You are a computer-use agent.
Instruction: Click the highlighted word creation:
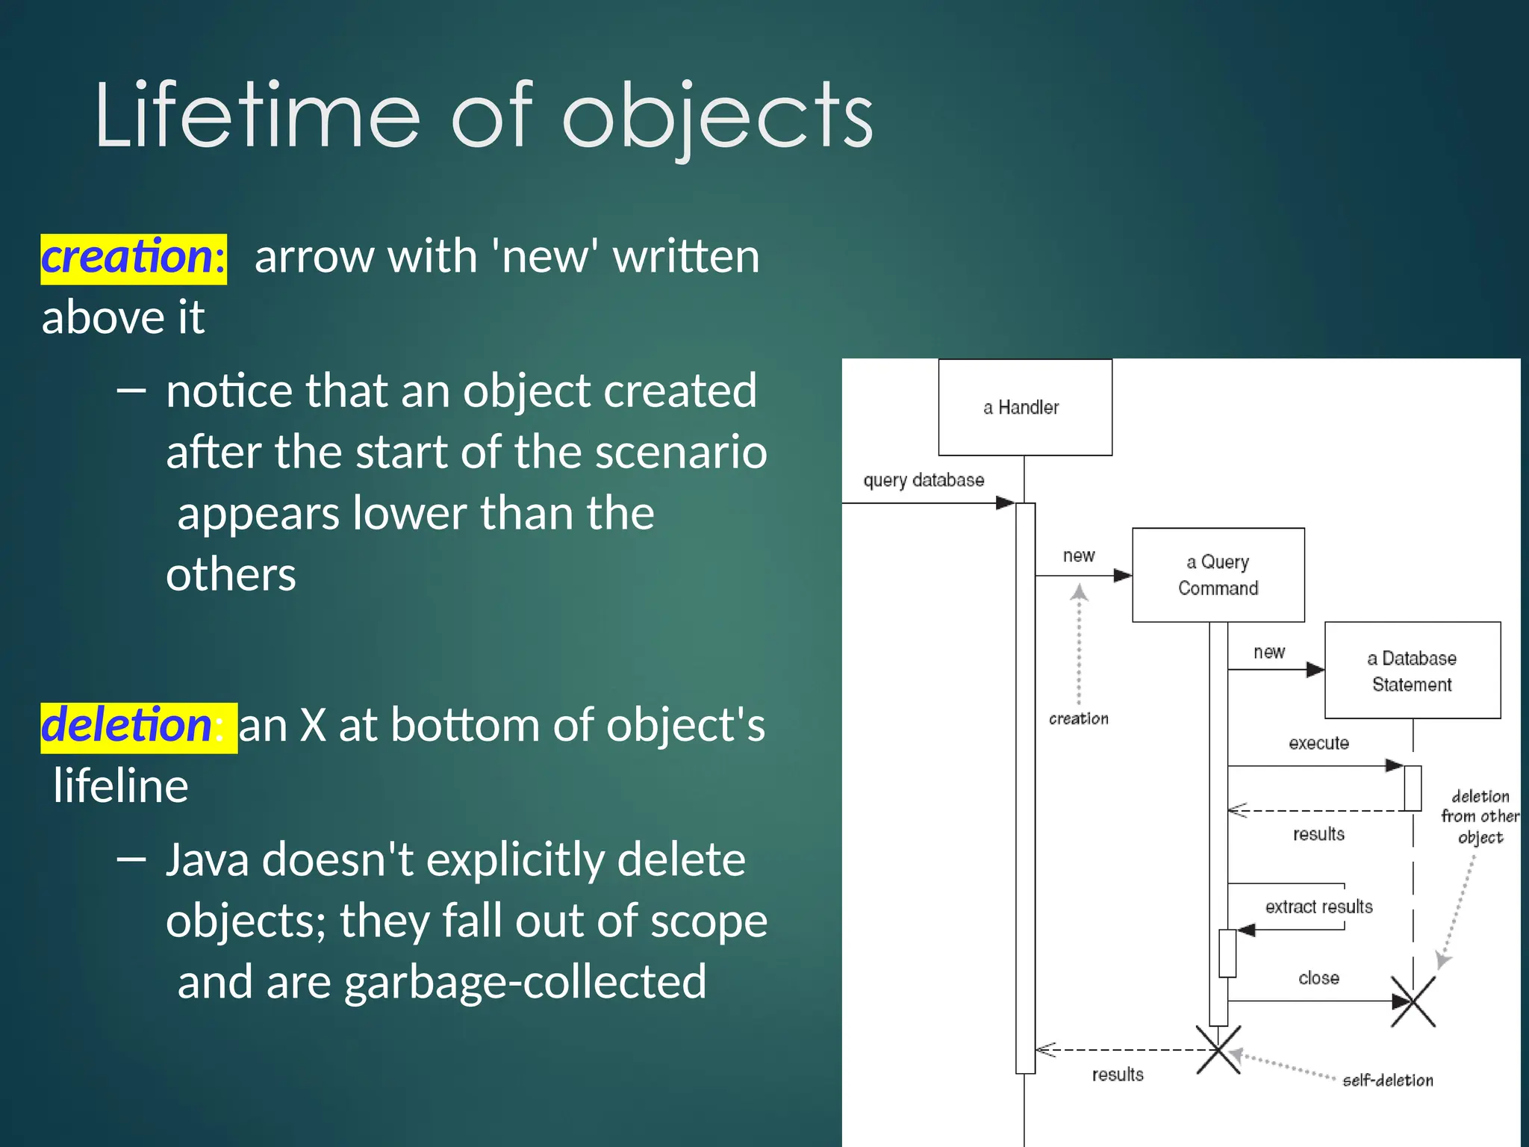[x=133, y=258]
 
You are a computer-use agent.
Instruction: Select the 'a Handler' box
[x=1024, y=407]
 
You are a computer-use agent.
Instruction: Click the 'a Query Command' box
[x=1218, y=575]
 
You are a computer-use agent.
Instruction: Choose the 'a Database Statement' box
[x=1412, y=671]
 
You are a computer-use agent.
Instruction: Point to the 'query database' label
[x=924, y=480]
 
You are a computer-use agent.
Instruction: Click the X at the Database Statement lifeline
[x=1413, y=1001]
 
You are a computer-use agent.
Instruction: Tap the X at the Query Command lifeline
[x=1218, y=1050]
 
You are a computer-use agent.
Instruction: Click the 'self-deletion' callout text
[x=1387, y=1081]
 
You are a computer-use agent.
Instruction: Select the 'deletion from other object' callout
[x=1480, y=816]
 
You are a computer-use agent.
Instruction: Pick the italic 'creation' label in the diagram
[x=1078, y=718]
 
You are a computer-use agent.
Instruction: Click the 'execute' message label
[x=1318, y=743]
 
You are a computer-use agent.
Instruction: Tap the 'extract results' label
[x=1318, y=907]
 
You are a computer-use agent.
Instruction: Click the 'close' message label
[x=1318, y=978]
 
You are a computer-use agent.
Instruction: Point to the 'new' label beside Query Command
[x=1078, y=556]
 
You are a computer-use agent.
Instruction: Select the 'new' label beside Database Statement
[x=1269, y=652]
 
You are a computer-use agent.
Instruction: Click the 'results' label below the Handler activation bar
[x=1117, y=1075]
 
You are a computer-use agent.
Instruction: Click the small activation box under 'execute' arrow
[x=1412, y=788]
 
